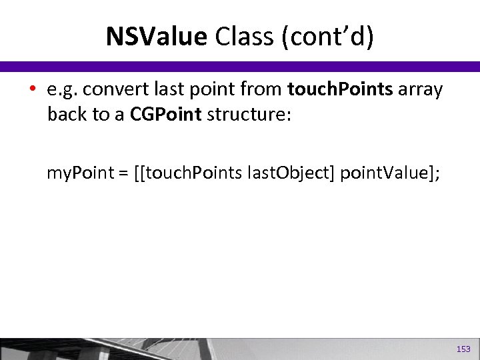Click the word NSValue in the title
(156, 37)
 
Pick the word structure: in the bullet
(249, 114)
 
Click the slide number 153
(463, 349)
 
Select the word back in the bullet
(67, 114)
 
